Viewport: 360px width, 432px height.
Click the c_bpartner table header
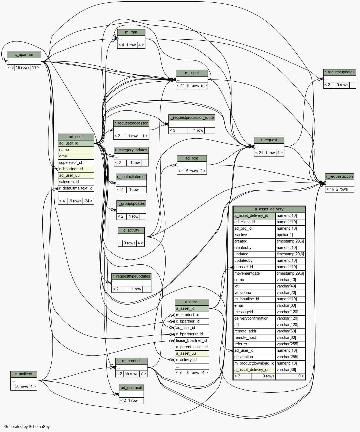[24, 55]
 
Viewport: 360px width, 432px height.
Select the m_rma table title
[131, 32]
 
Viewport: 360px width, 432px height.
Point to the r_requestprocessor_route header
[192, 118]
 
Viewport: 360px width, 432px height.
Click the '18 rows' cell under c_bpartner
[23, 67]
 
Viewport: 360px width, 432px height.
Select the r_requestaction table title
[340, 177]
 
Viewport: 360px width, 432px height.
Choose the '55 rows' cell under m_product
[131, 374]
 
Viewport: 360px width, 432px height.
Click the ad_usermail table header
[131, 388]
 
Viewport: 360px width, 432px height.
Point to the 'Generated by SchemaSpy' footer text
[27, 427]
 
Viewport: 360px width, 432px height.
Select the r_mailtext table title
[24, 374]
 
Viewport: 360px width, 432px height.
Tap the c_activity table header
[131, 230]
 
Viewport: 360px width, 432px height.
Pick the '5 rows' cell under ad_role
[192, 171]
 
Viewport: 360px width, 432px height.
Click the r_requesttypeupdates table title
[131, 276]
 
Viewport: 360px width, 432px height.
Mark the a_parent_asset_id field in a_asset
[192, 347]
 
